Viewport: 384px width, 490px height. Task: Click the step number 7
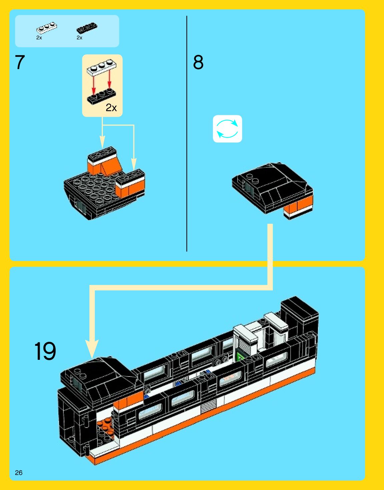point(20,62)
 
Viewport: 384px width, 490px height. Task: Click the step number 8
point(198,62)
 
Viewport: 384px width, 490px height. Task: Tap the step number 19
point(45,351)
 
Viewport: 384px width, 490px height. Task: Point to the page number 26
point(19,473)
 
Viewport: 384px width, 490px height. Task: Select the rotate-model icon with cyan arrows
point(227,129)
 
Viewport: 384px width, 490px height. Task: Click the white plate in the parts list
point(46,27)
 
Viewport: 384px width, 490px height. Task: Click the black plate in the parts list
point(87,27)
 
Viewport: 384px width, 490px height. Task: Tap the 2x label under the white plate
point(39,38)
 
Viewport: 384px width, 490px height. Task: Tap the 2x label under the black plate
point(79,38)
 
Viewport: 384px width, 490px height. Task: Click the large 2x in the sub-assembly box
point(111,108)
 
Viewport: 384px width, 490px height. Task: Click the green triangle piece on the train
point(240,357)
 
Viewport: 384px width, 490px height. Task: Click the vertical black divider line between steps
point(187,134)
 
